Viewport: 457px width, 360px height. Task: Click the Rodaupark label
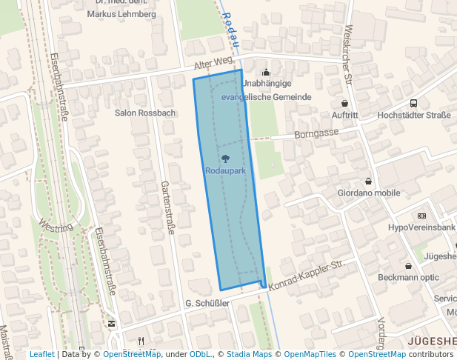coord(225,171)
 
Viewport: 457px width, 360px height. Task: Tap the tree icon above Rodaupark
coord(225,159)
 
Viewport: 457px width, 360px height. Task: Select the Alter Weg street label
coord(213,65)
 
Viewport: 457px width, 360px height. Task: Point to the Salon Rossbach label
coord(145,113)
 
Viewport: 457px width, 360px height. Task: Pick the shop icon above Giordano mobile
coord(368,181)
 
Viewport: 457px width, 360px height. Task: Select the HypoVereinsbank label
coord(421,227)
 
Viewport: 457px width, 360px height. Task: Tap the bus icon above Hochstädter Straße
coord(413,103)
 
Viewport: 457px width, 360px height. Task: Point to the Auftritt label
coord(345,116)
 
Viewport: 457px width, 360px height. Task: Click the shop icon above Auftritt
coord(344,103)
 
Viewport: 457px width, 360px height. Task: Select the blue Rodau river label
coord(230,27)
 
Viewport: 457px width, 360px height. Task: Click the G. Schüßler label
coord(204,304)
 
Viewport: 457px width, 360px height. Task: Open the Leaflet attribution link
coord(42,354)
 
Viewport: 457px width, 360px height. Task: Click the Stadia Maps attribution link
coord(249,354)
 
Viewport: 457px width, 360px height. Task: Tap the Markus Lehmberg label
coord(121,14)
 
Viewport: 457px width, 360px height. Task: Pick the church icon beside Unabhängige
coord(267,72)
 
